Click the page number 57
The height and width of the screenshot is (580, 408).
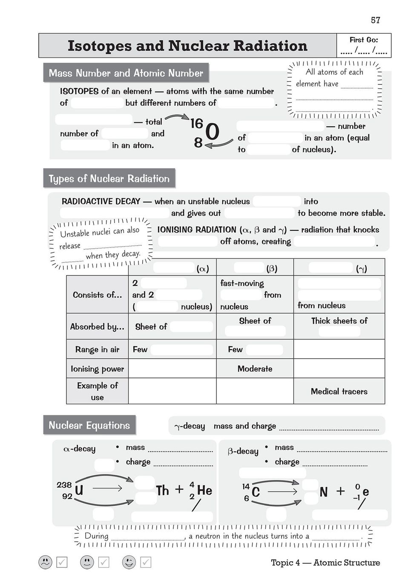(375, 20)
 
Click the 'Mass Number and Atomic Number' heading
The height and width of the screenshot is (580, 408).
(126, 73)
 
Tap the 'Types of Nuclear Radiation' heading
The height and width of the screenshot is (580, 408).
(109, 179)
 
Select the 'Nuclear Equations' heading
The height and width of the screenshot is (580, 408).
(89, 425)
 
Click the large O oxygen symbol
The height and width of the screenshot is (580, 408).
(212, 132)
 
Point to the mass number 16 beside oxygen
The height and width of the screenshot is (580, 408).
(197, 124)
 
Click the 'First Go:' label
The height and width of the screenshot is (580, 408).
(363, 40)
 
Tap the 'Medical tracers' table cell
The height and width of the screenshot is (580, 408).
(339, 391)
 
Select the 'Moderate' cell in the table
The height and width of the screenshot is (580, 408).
(255, 369)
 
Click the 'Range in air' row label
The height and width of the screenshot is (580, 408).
(97, 350)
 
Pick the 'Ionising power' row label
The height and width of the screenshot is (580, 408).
(97, 369)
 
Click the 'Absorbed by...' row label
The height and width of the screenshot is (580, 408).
(97, 327)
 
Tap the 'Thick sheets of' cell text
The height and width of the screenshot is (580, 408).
(339, 321)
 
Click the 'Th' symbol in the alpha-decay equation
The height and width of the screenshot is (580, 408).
(162, 490)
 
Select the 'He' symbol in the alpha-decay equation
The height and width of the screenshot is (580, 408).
(204, 490)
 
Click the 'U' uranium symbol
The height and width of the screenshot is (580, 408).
(79, 490)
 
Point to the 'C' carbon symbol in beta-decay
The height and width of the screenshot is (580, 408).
(256, 492)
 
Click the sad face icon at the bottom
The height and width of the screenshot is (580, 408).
(45, 562)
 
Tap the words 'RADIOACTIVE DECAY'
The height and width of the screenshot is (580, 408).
(101, 201)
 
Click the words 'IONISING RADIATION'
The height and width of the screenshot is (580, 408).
(197, 229)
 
